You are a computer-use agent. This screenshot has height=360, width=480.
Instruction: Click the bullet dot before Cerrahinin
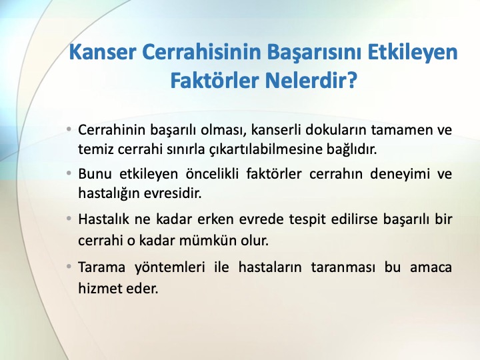click(69, 129)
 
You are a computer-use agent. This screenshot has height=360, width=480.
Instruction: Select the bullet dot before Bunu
click(69, 173)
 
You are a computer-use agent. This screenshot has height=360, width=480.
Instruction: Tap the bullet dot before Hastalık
click(69, 219)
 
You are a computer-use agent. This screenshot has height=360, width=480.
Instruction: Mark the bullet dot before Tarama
click(69, 267)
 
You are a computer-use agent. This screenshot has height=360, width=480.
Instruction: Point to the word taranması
click(343, 267)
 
